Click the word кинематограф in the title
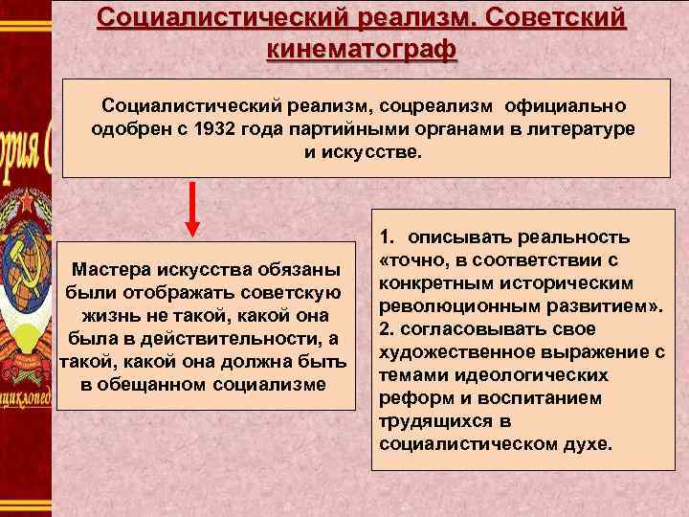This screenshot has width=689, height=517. pyautogui.click(x=362, y=47)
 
